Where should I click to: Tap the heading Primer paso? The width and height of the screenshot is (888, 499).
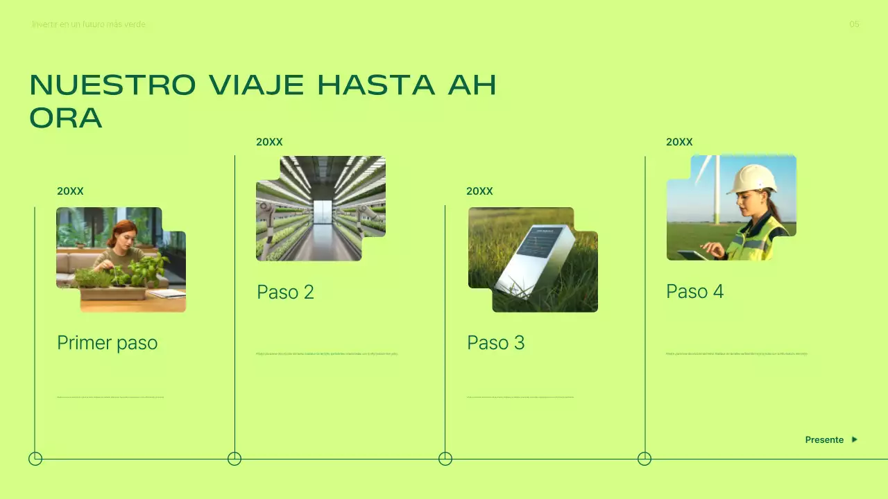[108, 342]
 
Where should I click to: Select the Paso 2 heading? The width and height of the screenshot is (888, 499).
[285, 292]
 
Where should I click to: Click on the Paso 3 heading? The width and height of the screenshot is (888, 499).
[496, 342]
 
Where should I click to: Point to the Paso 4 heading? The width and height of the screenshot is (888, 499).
[694, 292]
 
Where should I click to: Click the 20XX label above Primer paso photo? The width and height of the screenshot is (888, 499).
[70, 191]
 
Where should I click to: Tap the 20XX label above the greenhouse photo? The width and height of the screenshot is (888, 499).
[269, 142]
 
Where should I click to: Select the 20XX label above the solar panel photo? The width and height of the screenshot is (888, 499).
[479, 191]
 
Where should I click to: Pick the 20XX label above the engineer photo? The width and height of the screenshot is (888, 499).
[679, 142]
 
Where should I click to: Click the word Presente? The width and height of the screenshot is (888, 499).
[824, 440]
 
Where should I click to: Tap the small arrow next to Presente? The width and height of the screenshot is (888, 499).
[855, 439]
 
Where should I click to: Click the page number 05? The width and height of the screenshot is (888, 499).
[854, 24]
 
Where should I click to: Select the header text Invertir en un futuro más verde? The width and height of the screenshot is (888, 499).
[89, 24]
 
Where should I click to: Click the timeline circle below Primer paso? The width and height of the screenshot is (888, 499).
[35, 459]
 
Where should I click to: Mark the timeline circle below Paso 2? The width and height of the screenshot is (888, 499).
[234, 459]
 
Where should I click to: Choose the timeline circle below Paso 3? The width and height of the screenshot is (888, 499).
[445, 459]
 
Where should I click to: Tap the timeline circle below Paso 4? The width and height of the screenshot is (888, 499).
[644, 459]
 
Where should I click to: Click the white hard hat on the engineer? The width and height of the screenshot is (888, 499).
[751, 178]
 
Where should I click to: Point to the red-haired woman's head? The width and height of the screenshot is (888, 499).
[122, 233]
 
